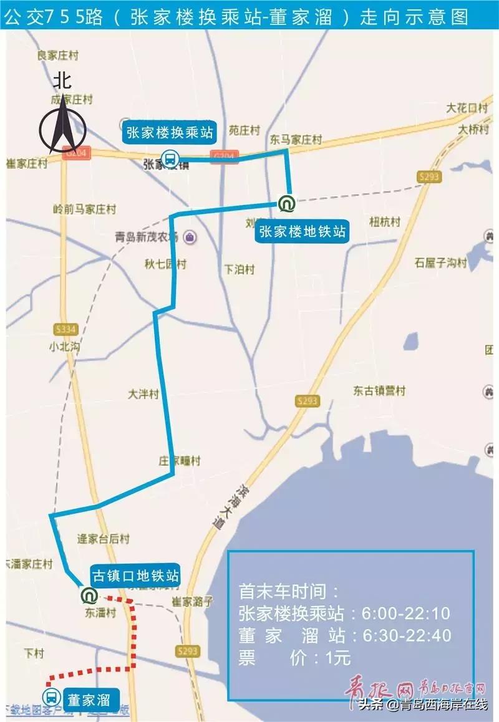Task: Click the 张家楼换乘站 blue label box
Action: pos(170,132)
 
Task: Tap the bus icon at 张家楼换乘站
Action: pos(169,159)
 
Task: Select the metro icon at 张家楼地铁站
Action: pos(287,203)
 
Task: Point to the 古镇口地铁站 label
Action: pos(135,575)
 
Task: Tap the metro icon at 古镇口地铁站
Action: pos(89,595)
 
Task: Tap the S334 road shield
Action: pos(65,329)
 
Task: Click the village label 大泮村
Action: pos(143,395)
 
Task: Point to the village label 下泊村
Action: pos(240,269)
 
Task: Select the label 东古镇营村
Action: pos(379,391)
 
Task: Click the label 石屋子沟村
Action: pos(440,263)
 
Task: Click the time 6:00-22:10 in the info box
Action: pos(406,614)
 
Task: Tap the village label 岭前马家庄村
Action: pos(85,209)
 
